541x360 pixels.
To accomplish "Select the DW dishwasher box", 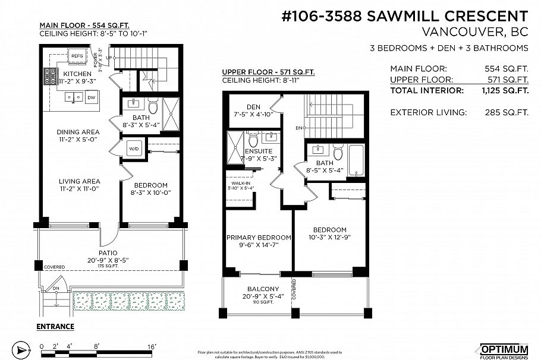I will [x=91, y=97].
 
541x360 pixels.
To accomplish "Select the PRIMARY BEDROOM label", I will [x=259, y=238].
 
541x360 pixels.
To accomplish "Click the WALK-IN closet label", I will [x=241, y=184].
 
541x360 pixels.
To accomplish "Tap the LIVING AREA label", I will [x=78, y=181].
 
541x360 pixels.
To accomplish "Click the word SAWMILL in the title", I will [x=401, y=16].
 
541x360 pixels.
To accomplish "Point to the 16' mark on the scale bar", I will [x=152, y=345].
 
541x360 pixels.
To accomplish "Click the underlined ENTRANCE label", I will [x=55, y=326].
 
